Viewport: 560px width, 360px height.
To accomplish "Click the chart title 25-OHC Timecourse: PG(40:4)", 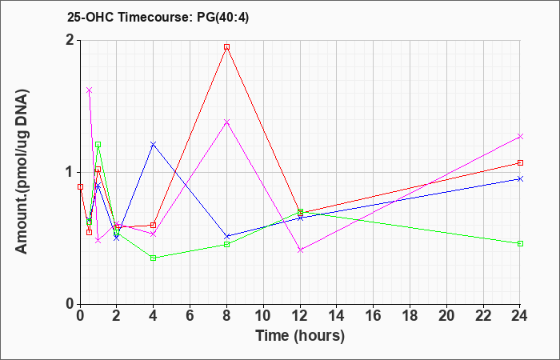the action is click(x=158, y=18).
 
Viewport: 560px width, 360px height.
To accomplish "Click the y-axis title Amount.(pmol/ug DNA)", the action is click(x=22, y=172).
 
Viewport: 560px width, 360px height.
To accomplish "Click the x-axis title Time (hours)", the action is click(x=300, y=336).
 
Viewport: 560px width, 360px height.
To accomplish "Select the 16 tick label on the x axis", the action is click(x=374, y=316).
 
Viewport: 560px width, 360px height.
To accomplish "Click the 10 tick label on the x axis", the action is click(x=263, y=316).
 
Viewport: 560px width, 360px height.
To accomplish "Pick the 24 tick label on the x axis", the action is click(x=520, y=316).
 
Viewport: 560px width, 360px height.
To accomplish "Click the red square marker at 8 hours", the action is click(x=226, y=46).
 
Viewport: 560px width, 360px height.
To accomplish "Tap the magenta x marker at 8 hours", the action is click(x=226, y=122).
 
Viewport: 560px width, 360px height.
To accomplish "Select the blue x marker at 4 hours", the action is click(x=154, y=144).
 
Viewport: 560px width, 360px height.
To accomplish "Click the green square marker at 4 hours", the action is click(x=154, y=258).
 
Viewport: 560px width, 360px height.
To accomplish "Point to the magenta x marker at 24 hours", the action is click(x=520, y=137).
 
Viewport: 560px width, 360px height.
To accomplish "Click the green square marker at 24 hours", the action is click(x=520, y=243).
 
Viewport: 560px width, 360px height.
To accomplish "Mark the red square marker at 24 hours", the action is click(x=520, y=163).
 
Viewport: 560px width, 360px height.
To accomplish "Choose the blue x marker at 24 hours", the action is click(x=520, y=178).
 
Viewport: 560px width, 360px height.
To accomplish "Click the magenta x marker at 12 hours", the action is click(x=300, y=250).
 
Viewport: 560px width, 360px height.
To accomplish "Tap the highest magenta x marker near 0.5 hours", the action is click(x=90, y=90).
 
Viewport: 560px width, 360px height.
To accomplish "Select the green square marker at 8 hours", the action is click(x=226, y=244).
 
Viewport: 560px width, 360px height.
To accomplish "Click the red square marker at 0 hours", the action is click(x=80, y=186).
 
